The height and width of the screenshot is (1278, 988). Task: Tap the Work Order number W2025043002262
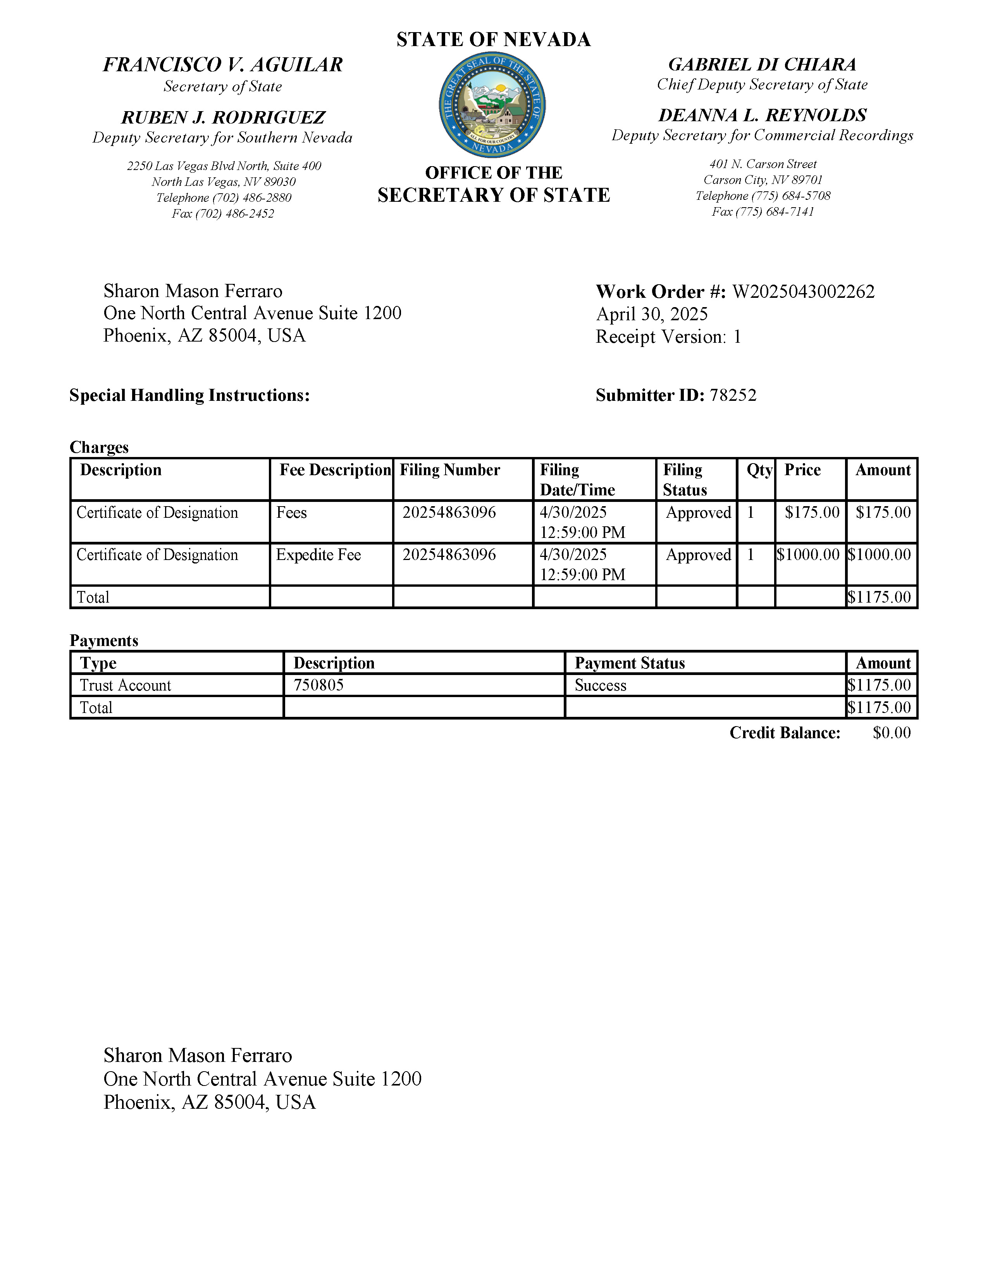point(803,291)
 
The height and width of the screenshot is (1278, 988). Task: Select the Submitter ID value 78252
point(733,395)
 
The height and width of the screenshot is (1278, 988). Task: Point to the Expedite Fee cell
point(318,555)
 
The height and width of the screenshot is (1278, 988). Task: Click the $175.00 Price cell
point(812,513)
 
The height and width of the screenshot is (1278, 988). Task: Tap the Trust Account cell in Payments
point(125,685)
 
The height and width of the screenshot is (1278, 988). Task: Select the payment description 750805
point(318,685)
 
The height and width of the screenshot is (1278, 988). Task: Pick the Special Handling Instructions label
point(189,395)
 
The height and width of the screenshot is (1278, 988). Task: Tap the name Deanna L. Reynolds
point(762,115)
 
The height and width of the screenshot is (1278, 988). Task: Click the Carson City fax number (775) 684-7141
point(762,212)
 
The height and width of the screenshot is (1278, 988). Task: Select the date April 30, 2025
point(651,314)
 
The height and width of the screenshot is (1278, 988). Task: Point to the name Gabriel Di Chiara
point(762,64)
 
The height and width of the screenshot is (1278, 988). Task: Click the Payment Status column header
point(630,663)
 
